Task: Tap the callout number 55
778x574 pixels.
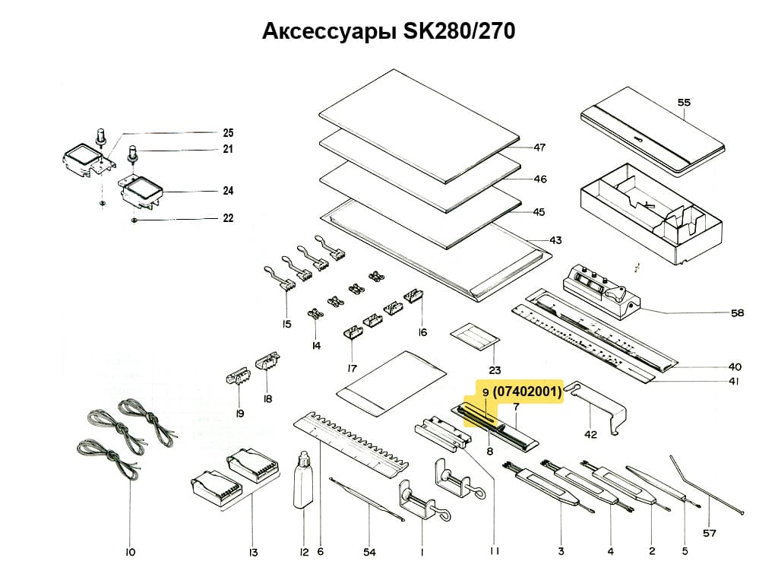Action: pyautogui.click(x=684, y=103)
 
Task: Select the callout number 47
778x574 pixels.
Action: pyautogui.click(x=539, y=147)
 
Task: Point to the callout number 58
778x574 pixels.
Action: pyautogui.click(x=737, y=312)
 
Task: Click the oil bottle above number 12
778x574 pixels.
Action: pyautogui.click(x=303, y=480)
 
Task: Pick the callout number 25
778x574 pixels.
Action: pyautogui.click(x=228, y=132)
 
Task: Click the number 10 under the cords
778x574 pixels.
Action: pyautogui.click(x=130, y=552)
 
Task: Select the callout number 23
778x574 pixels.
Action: pyautogui.click(x=495, y=370)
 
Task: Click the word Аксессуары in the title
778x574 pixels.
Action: pyautogui.click(x=330, y=31)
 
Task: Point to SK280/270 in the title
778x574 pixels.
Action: pyautogui.click(x=459, y=31)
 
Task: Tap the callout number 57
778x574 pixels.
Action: pyautogui.click(x=710, y=533)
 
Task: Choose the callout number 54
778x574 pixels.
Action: pyautogui.click(x=370, y=552)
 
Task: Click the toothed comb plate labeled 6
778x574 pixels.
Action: pyautogui.click(x=350, y=444)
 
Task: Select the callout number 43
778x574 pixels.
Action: pyautogui.click(x=555, y=240)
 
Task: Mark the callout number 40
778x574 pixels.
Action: pyautogui.click(x=735, y=367)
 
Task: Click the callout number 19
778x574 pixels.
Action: pyautogui.click(x=239, y=413)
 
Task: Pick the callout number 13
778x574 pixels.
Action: pyautogui.click(x=253, y=552)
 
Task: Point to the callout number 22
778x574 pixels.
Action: pyautogui.click(x=228, y=218)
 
